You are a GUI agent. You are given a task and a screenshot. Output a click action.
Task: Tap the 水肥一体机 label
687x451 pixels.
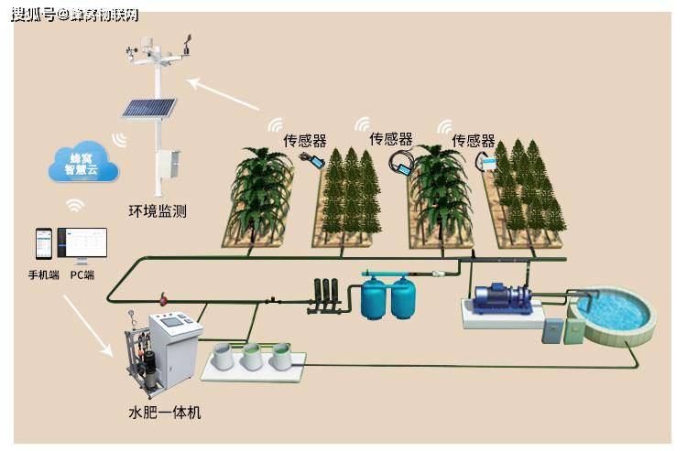(x=164, y=413)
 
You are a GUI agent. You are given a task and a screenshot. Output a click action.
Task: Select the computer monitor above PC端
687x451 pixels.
(x=82, y=244)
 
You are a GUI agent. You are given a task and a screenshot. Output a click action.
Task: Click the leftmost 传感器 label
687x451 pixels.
(x=304, y=141)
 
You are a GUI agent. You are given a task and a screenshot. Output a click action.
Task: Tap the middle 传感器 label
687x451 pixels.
(x=390, y=139)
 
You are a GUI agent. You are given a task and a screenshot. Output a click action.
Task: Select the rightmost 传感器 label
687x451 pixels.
(x=473, y=141)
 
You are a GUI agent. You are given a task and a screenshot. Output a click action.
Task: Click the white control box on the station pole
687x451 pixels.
(x=168, y=166)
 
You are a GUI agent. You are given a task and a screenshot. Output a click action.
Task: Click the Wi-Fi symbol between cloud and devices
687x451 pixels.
(x=76, y=205)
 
